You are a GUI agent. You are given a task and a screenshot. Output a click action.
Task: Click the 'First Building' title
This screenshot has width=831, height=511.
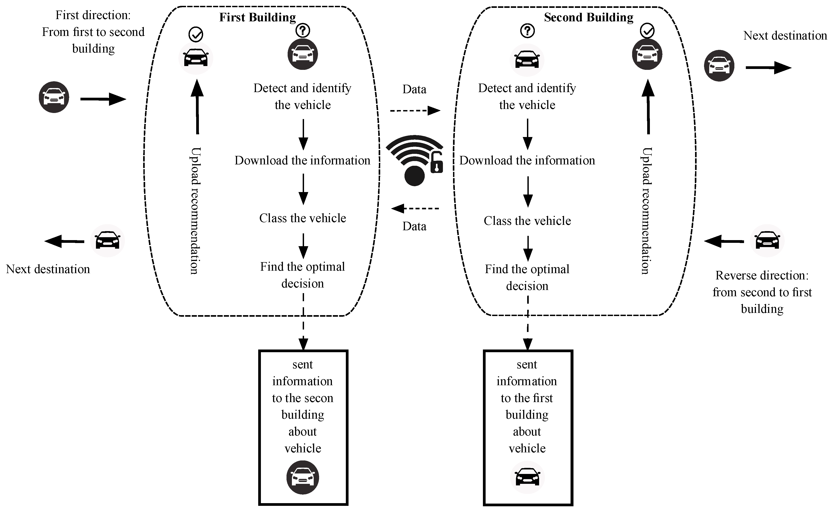pos(257,17)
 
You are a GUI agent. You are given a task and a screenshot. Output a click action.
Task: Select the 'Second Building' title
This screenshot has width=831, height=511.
pos(588,17)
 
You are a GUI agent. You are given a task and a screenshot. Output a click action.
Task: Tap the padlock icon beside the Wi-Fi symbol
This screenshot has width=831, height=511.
pos(436,163)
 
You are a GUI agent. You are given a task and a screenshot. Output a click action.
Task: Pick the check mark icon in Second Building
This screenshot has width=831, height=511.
pos(647,31)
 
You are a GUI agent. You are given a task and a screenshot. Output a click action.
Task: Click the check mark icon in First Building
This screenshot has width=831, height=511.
pos(196,34)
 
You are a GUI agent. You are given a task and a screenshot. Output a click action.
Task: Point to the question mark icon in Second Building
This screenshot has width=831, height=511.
pos(527,31)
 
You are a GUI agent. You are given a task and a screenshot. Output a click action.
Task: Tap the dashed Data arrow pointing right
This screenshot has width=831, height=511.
pos(415,111)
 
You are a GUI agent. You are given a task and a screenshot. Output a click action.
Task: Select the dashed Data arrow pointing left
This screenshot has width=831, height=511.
pos(415,208)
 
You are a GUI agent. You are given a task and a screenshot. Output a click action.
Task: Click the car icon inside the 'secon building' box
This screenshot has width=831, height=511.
pos(303,478)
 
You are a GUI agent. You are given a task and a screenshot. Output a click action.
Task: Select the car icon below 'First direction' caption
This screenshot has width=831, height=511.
pos(54,97)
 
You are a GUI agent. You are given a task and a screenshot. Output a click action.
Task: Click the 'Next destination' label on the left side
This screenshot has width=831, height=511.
pos(48,269)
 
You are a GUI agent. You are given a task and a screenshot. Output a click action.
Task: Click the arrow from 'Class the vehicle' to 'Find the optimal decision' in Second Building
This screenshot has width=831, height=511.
pos(528,248)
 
